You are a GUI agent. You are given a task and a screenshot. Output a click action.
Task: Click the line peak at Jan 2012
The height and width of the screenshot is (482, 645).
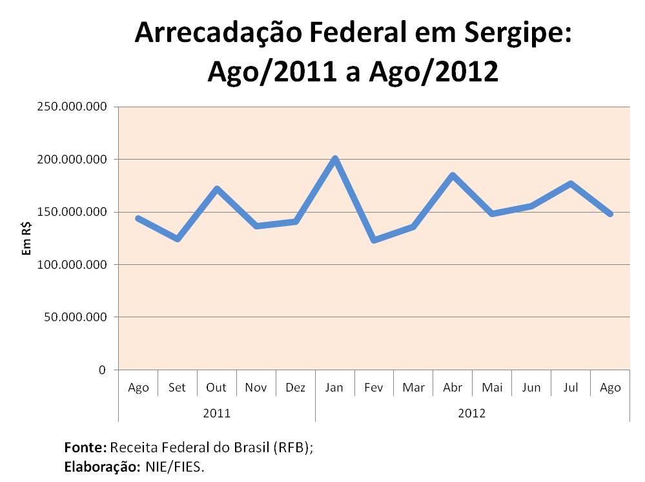point(334,159)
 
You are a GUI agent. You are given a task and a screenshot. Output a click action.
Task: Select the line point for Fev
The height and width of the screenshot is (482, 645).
point(374,240)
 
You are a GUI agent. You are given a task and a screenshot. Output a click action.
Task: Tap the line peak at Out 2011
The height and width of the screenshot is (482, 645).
point(217,189)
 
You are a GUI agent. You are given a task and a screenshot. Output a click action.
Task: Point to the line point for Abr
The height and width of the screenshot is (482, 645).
point(453,175)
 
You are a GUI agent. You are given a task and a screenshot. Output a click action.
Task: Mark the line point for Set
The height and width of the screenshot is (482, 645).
point(178,239)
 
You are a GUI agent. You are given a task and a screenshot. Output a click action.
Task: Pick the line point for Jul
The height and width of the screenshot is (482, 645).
point(571,183)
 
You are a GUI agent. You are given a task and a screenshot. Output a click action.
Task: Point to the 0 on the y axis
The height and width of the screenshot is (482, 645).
point(102,370)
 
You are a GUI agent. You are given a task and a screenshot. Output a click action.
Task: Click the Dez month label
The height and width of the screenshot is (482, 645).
point(295,388)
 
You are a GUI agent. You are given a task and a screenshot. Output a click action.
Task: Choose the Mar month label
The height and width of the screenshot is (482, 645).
point(413,388)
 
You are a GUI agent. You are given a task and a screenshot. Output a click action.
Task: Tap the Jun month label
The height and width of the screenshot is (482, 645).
point(531,388)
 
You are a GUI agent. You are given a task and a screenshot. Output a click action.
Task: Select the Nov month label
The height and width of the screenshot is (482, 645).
point(256,388)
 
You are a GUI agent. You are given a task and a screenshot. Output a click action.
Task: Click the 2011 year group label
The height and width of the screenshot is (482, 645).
point(216,412)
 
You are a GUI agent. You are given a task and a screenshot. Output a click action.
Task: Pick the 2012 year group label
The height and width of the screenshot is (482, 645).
point(472,412)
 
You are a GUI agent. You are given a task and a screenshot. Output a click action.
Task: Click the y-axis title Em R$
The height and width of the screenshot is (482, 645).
point(26,238)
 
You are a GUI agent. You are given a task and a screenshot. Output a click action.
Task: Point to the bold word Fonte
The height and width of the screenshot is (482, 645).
point(85,447)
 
